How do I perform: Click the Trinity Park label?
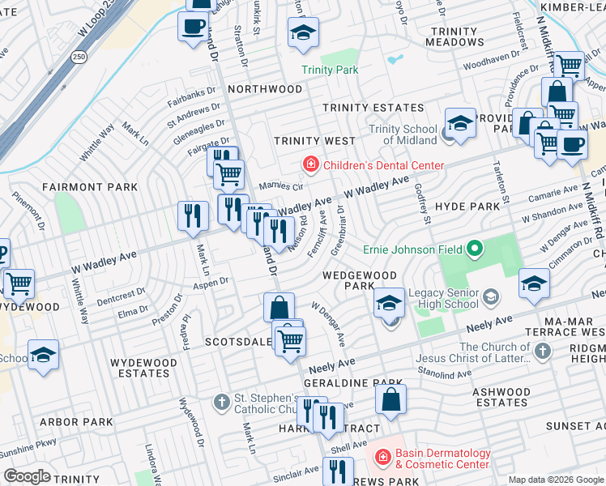[x=330, y=70]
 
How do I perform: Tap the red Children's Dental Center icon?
[x=309, y=165]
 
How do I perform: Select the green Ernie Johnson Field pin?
[x=475, y=248]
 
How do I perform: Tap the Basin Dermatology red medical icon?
[x=385, y=458]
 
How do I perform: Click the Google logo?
[x=27, y=476]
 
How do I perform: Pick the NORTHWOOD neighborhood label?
[x=264, y=89]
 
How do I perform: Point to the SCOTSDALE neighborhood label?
[x=237, y=342]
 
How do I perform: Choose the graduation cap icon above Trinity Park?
[x=304, y=33]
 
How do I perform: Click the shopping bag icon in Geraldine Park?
[x=390, y=399]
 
